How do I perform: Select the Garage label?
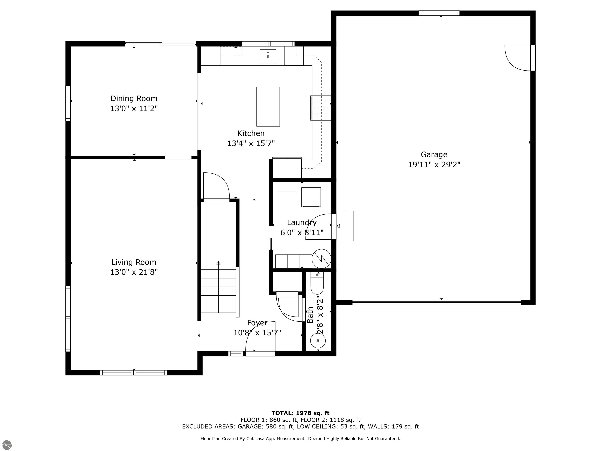pyautogui.click(x=434, y=155)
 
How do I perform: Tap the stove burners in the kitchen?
pyautogui.click(x=321, y=108)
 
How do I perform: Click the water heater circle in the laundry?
pyautogui.click(x=321, y=259)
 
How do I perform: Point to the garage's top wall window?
pyautogui.click(x=439, y=13)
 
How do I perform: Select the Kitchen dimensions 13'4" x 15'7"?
pyautogui.click(x=251, y=143)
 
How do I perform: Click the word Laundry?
pyautogui.click(x=302, y=223)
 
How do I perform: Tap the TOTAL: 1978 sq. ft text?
pyautogui.click(x=300, y=413)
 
